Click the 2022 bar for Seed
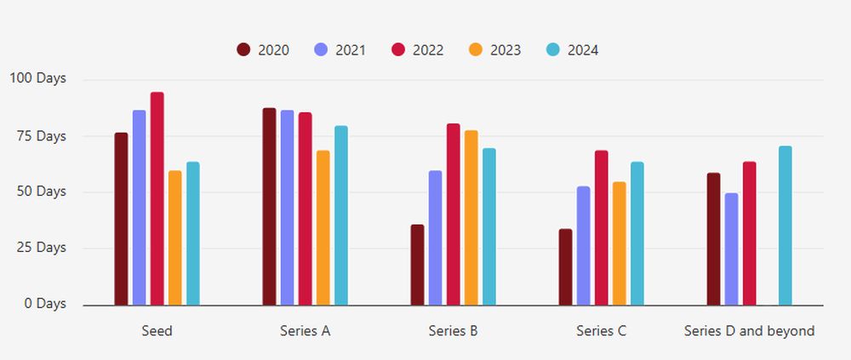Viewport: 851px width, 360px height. coord(157,198)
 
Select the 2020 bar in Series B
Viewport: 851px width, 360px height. coord(417,265)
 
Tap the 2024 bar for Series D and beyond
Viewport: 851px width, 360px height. coord(785,226)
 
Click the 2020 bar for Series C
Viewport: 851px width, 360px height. coord(565,267)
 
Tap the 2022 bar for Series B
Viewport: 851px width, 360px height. coord(454,214)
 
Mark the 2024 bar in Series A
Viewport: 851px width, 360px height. coord(341,215)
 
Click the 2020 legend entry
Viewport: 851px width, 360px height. coord(263,50)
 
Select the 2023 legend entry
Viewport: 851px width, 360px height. coord(494,50)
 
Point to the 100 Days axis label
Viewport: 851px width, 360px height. coord(37,79)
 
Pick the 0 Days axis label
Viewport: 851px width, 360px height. coord(43,304)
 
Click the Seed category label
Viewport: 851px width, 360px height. coord(157,331)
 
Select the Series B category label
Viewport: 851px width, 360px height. coord(453,331)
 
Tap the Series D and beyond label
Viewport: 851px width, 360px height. coord(749,331)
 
